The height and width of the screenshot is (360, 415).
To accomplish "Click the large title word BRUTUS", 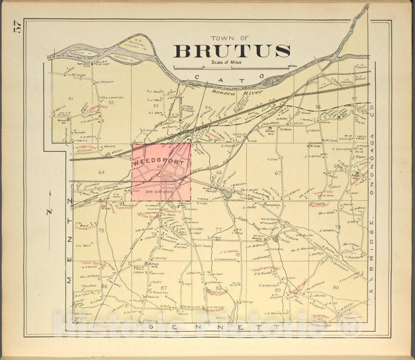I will (232, 51).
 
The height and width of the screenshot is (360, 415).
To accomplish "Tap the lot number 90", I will (335, 287).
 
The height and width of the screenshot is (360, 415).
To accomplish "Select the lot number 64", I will (101, 172).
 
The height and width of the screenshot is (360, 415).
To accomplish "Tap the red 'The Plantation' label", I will (266, 269).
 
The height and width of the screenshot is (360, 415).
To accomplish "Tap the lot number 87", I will (163, 287).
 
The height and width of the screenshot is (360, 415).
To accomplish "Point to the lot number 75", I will (101, 231).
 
